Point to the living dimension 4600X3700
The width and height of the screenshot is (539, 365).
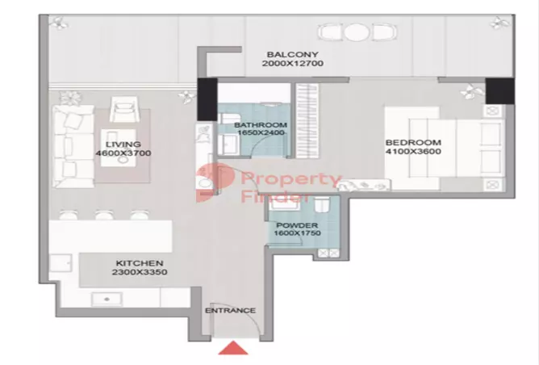pos(123,153)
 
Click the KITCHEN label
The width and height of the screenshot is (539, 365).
pos(140,263)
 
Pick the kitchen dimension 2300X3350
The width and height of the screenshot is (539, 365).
pos(140,274)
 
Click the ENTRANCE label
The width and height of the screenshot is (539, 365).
pos(230,311)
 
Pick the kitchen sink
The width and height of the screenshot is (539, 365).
pos(105,299)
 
